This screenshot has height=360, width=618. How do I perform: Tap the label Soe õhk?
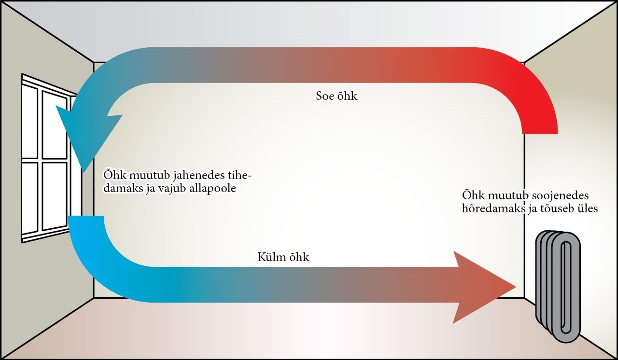[x=336, y=96]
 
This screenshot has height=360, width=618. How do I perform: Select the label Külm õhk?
[x=283, y=258]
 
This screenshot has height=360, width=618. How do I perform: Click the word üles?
[x=587, y=209]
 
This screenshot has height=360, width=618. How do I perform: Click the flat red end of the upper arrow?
[x=540, y=131]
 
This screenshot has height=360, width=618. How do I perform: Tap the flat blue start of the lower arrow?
[x=86, y=218]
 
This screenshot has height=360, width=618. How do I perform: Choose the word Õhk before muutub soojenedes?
[x=473, y=196]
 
